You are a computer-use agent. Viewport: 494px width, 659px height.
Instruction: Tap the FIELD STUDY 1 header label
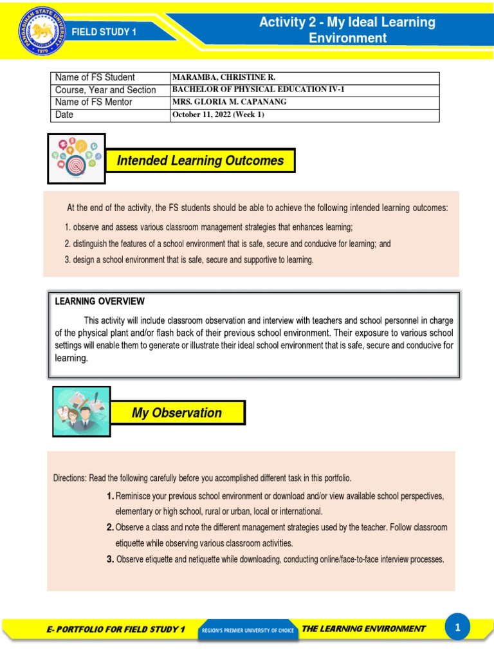[104, 32]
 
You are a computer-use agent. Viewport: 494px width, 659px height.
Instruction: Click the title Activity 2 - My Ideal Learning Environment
[347, 30]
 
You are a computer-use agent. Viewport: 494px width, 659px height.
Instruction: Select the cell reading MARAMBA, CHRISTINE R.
[223, 77]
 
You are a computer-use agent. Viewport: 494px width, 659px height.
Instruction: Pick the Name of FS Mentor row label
[94, 102]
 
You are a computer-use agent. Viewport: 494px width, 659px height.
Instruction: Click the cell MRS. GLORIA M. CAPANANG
[230, 102]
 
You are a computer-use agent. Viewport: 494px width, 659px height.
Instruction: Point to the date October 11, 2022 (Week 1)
[218, 115]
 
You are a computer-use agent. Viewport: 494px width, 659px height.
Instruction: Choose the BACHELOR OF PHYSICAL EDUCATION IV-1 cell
[258, 89]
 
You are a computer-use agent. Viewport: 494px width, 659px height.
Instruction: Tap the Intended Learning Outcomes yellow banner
[200, 161]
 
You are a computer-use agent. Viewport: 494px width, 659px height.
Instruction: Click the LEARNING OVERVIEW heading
[100, 301]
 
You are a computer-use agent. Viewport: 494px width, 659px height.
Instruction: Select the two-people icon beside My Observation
[82, 412]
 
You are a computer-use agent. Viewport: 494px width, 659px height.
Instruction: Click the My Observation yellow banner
[177, 413]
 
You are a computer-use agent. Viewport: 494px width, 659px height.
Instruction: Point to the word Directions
[69, 478]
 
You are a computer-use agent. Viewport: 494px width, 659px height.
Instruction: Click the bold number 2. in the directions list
[111, 527]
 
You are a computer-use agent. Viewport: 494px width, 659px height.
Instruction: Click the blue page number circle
[457, 627]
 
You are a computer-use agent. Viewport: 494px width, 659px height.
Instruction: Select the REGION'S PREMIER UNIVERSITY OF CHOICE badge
[247, 630]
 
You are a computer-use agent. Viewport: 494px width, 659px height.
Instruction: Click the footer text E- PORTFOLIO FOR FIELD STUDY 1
[116, 629]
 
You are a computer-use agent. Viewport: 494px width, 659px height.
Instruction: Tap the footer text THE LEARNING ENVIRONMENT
[363, 628]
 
